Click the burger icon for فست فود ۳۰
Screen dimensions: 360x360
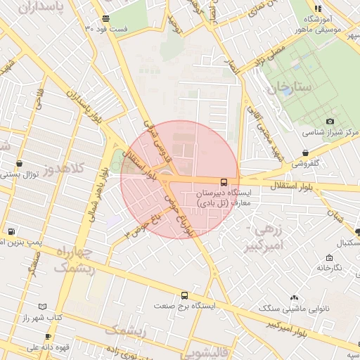pos(105,18)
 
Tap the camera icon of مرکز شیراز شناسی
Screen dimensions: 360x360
pos(330,122)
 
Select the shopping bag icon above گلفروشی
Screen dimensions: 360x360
pos(304,153)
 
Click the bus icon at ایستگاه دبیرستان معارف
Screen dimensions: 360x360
pos(224,181)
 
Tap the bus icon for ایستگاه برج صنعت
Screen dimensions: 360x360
pos(184,296)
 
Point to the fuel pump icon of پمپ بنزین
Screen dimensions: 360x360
pos(11,231)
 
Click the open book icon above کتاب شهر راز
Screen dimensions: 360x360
pos(43,307)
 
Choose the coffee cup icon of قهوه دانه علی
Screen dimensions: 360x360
pos(11,346)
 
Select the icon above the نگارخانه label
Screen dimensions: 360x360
pos(328,257)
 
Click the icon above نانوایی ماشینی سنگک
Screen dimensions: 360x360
pos(293,298)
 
